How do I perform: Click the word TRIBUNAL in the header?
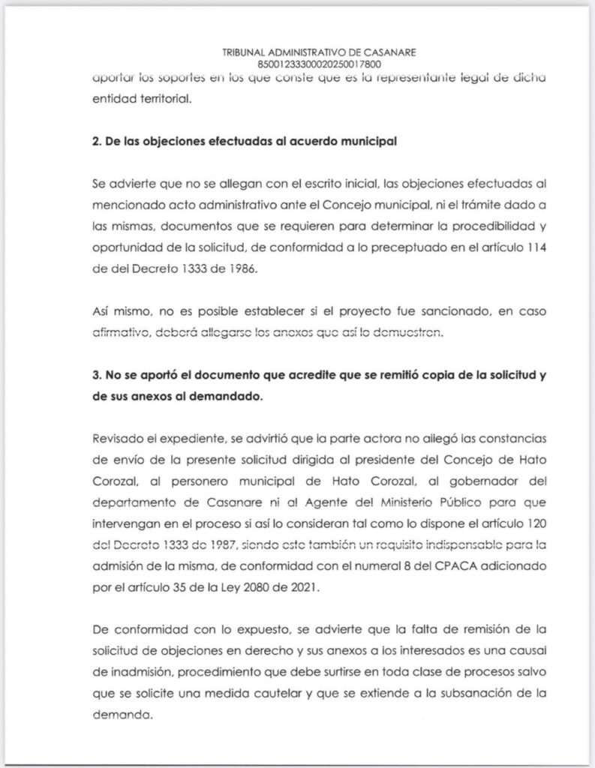pyautogui.click(x=245, y=52)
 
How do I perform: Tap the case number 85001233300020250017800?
pyautogui.click(x=319, y=64)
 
